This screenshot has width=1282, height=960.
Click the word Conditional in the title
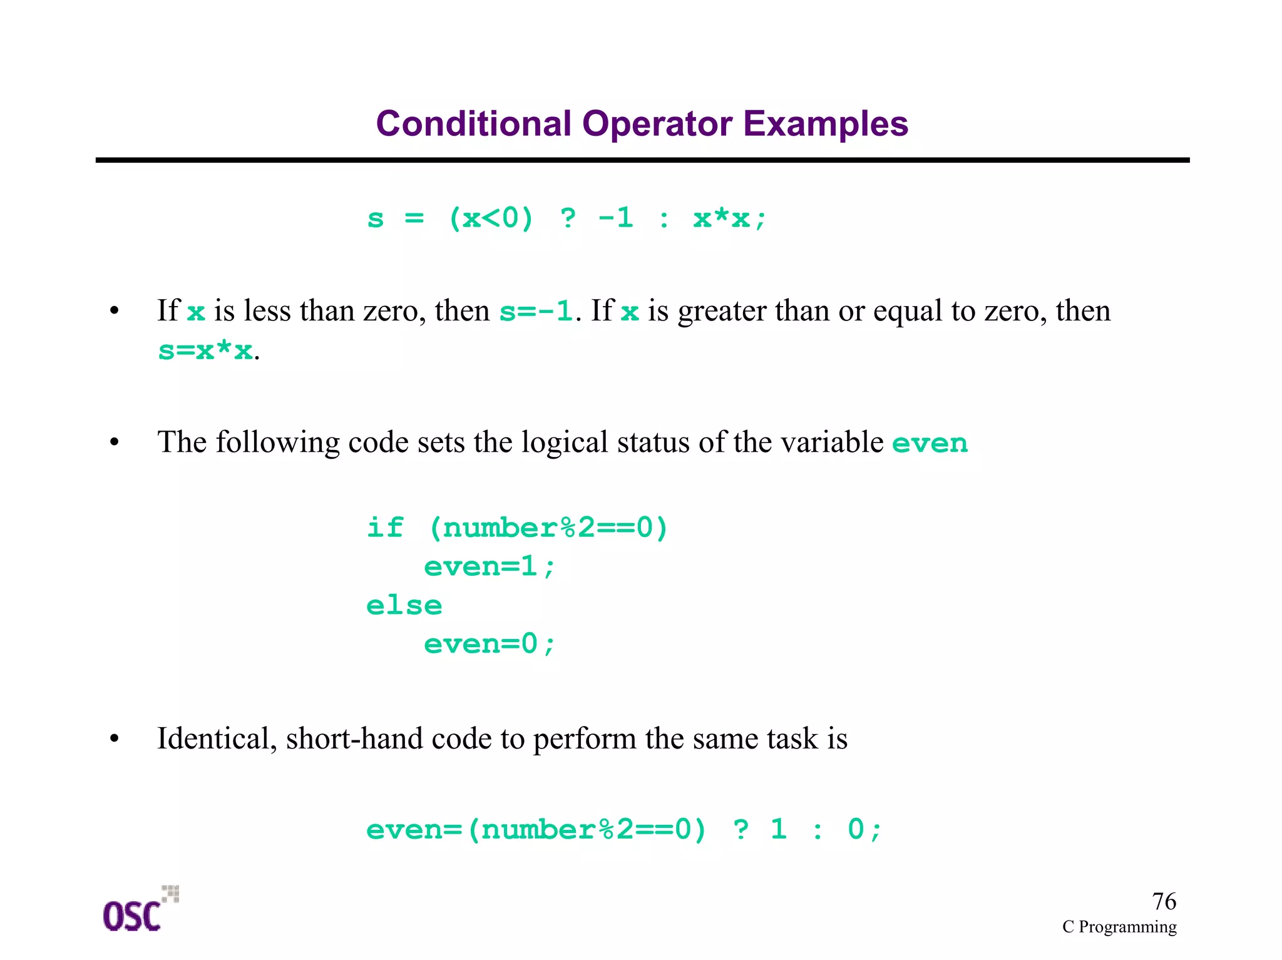[x=473, y=124]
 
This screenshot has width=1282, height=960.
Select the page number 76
[x=1164, y=901]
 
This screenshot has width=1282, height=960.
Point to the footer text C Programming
[x=1119, y=927]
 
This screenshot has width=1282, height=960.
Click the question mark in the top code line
[x=568, y=218]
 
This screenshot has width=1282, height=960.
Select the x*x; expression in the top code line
[x=729, y=218]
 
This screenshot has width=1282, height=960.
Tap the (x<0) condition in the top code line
[x=491, y=218]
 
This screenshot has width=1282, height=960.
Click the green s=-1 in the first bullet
[x=536, y=311]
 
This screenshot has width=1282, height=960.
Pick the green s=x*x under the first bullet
[x=205, y=350]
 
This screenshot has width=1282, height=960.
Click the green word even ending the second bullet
[x=930, y=443]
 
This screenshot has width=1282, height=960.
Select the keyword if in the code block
[x=384, y=528]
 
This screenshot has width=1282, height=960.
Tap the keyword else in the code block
[x=404, y=605]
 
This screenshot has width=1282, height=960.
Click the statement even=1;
[x=490, y=566]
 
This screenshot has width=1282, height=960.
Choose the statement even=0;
[x=490, y=644]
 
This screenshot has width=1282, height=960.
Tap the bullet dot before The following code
[x=114, y=442]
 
